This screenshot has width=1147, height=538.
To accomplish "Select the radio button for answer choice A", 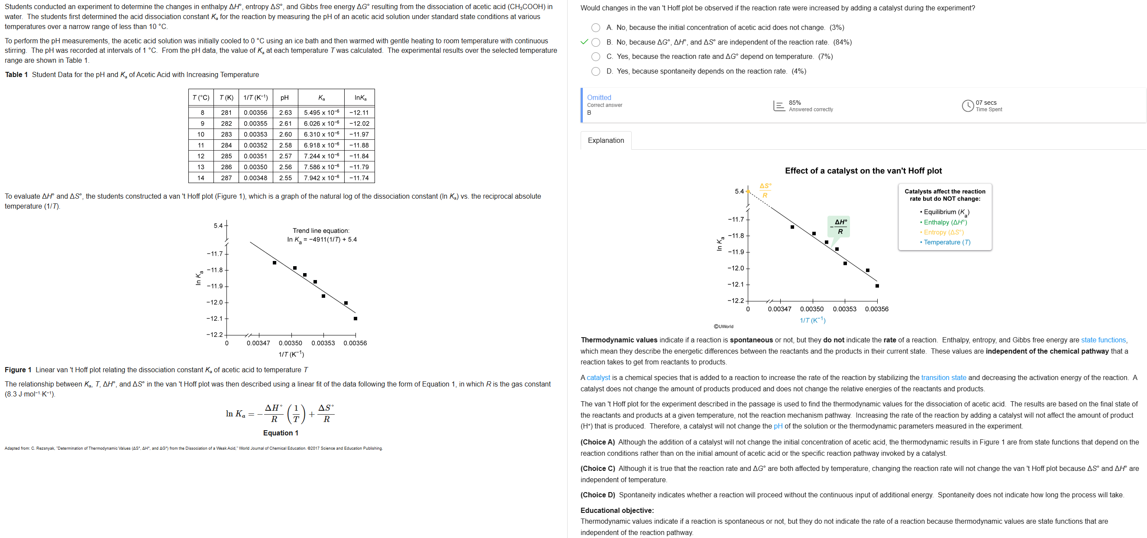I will tap(595, 28).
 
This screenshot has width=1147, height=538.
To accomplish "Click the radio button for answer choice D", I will tap(595, 71).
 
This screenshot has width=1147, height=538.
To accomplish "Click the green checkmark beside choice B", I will tap(584, 42).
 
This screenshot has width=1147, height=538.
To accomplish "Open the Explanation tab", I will tap(606, 140).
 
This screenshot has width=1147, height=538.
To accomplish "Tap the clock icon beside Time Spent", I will tap(967, 106).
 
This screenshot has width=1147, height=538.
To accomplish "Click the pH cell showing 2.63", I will tap(285, 113).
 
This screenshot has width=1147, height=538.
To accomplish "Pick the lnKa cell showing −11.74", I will tap(359, 177).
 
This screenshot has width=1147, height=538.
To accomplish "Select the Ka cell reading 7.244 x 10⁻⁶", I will tap(321, 156).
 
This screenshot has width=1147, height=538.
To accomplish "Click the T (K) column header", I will tap(226, 97).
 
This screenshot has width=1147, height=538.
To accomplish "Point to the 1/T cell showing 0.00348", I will tap(255, 177).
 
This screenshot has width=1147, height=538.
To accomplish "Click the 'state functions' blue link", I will tap(1103, 340).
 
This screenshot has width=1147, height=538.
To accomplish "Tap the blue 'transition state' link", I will tap(943, 377).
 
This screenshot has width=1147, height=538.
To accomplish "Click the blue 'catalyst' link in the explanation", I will tap(598, 377).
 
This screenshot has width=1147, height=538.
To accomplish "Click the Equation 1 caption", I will tap(281, 432).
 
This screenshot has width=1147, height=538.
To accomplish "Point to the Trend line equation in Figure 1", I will tap(321, 235).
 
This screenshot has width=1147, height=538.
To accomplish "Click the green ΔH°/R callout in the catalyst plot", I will tap(840, 226).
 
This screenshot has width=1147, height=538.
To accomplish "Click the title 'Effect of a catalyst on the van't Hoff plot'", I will tap(863, 171).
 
